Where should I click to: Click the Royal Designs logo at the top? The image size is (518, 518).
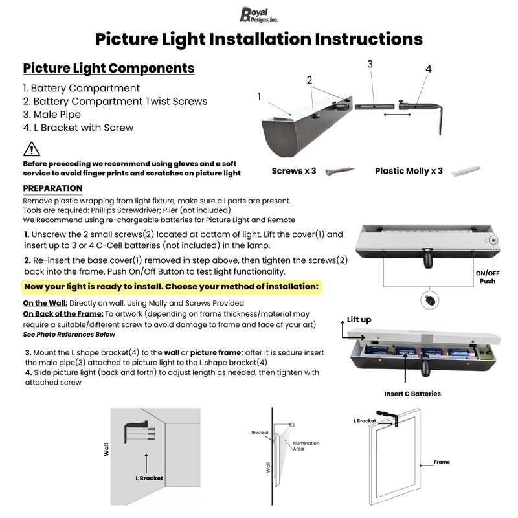click(x=259, y=14)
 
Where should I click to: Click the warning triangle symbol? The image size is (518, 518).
click(x=31, y=150)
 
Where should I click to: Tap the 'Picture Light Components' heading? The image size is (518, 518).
click(x=108, y=68)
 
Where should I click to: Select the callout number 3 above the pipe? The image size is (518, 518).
click(x=370, y=64)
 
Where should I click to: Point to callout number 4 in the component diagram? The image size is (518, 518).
click(x=428, y=69)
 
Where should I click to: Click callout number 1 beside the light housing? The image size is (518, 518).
click(x=260, y=96)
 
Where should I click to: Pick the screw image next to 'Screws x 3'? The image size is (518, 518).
click(x=340, y=171)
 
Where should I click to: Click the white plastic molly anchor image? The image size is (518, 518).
click(x=465, y=172)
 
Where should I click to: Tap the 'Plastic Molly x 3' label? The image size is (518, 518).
click(x=409, y=171)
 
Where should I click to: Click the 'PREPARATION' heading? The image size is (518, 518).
click(x=52, y=188)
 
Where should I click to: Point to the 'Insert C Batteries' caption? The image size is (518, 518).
click(x=412, y=393)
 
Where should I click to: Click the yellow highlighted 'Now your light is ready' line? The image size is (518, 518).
click(x=171, y=286)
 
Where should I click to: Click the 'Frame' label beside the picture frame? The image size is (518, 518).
click(x=442, y=462)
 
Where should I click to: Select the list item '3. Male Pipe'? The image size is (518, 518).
click(x=51, y=115)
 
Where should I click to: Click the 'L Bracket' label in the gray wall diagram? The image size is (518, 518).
click(x=149, y=478)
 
